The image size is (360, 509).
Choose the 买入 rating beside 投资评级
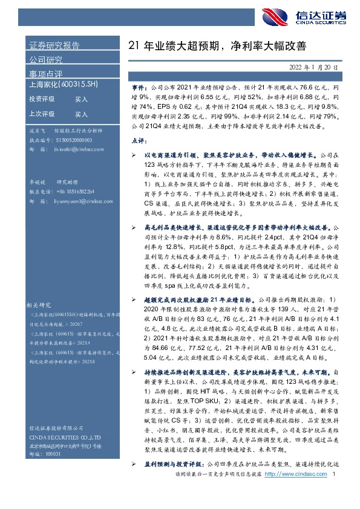point(81,99)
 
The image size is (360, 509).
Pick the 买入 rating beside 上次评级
point(81,114)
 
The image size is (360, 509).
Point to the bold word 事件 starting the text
point(139,88)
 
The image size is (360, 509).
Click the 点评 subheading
point(139,140)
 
